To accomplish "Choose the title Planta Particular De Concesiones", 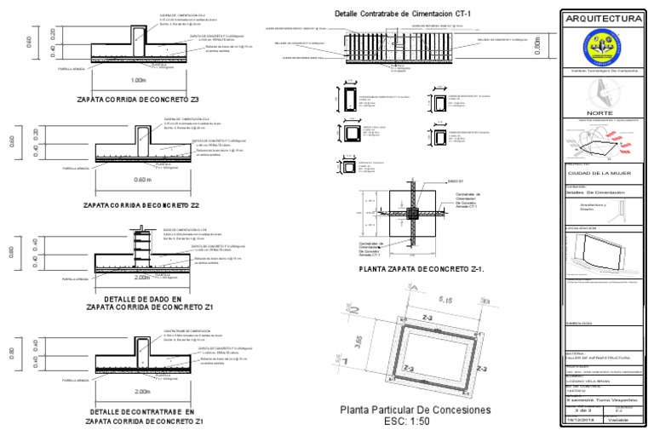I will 416,410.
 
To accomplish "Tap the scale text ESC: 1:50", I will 416,422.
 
